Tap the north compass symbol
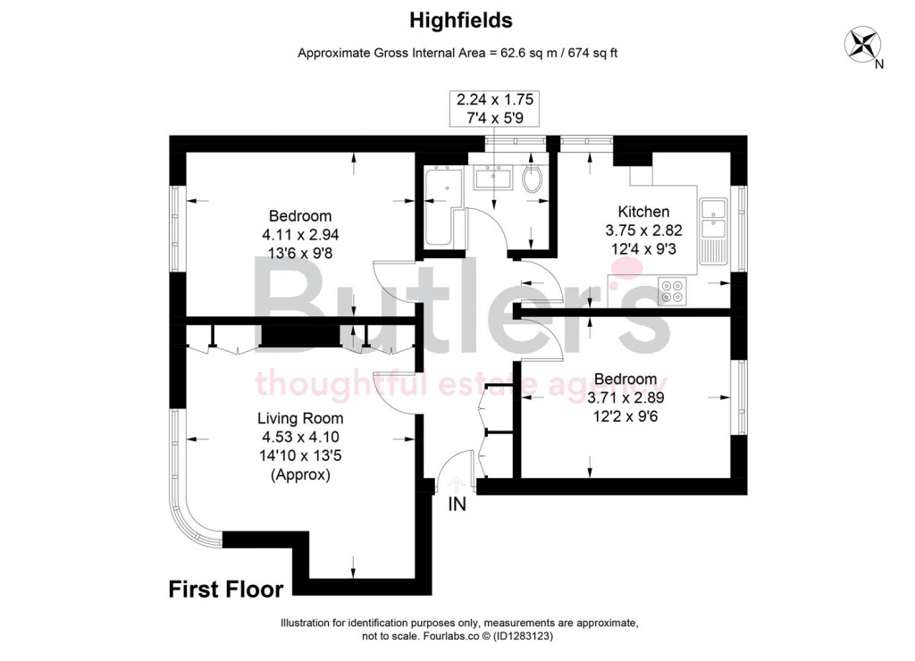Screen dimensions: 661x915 pyautogui.click(x=864, y=45)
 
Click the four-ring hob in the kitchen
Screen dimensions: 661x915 pyautogui.click(x=671, y=292)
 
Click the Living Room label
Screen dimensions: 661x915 pyautogui.click(x=300, y=418)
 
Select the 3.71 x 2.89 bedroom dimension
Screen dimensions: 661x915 pyautogui.click(x=625, y=397)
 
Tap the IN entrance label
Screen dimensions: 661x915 pyautogui.click(x=457, y=505)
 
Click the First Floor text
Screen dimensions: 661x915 pyautogui.click(x=226, y=590)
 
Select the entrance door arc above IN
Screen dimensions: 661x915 pyautogui.click(x=456, y=469)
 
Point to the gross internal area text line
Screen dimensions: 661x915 pyautogui.click(x=457, y=53)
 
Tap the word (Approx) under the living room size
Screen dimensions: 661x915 pyautogui.click(x=300, y=475)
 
